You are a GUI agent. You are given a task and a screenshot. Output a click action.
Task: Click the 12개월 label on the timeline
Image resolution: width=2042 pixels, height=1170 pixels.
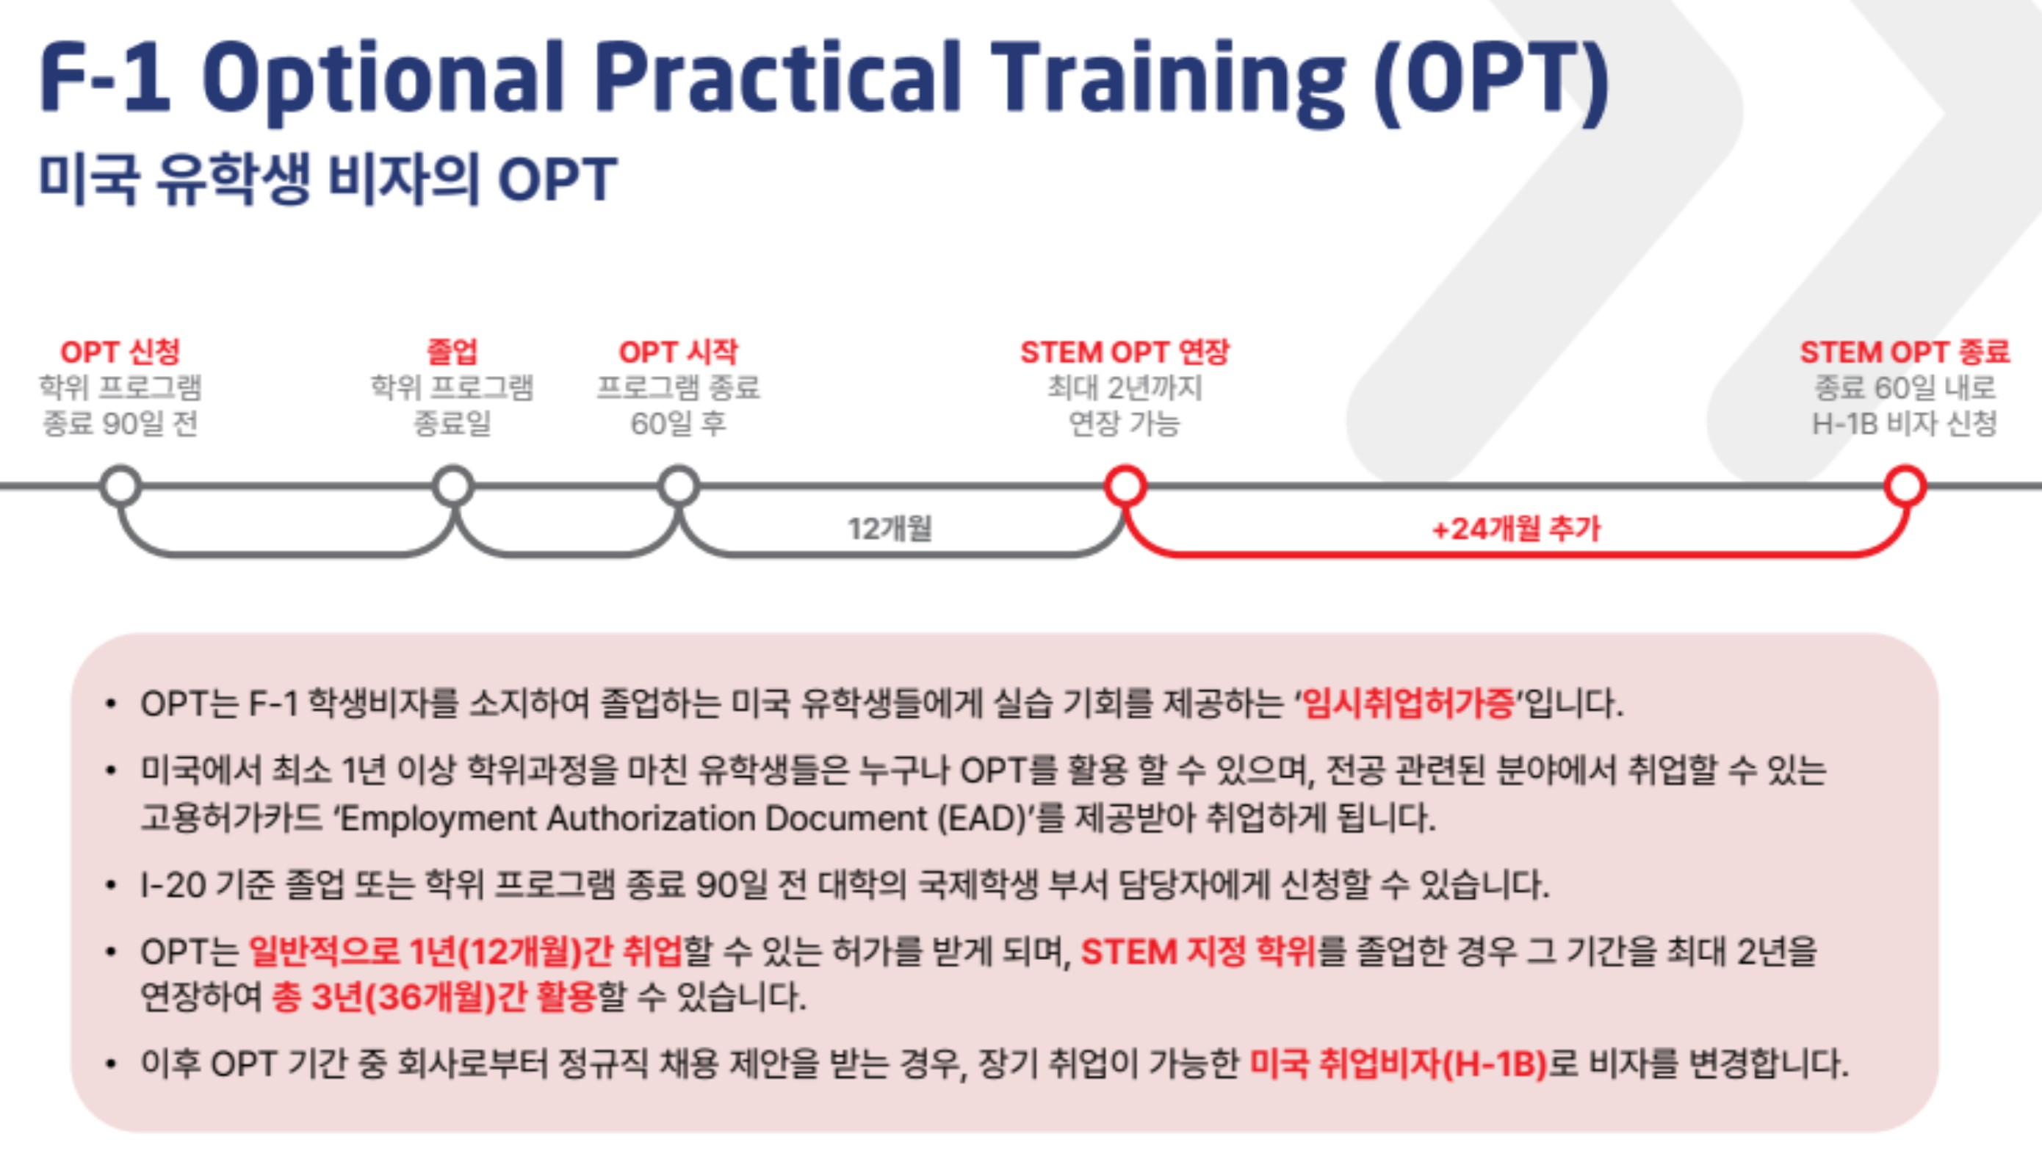890,529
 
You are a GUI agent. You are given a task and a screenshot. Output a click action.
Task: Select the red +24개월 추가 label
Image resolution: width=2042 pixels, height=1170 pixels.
1516,529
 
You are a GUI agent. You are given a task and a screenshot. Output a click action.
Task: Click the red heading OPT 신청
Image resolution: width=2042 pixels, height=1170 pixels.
120,352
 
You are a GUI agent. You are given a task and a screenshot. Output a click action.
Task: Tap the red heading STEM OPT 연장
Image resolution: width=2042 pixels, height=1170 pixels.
1125,352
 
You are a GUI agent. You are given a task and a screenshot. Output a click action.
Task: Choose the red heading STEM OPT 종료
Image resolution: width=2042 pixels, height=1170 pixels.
1905,352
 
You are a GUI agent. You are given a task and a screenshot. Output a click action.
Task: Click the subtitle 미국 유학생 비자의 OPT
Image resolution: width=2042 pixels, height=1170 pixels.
328,178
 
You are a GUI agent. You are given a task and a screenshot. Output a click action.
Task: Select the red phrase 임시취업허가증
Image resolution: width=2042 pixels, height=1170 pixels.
1408,704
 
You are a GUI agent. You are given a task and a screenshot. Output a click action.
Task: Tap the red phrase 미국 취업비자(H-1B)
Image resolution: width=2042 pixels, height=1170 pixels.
1399,1064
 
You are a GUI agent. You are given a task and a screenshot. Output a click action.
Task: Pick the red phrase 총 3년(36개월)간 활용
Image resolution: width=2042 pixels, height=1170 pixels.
434,997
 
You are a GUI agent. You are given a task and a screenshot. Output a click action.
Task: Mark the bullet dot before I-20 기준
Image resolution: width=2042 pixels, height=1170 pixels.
111,886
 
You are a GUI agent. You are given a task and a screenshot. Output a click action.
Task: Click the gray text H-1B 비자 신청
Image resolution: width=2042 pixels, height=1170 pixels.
1904,424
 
